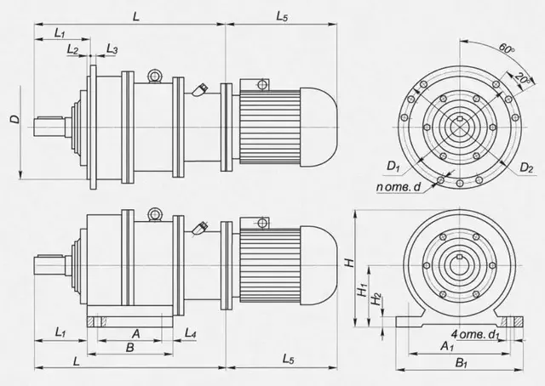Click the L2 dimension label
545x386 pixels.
(72, 49)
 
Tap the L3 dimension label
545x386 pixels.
(112, 49)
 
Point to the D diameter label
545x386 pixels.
(15, 119)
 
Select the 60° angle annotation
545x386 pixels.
(506, 48)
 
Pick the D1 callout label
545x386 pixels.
(393, 167)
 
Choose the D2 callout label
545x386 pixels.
(526, 167)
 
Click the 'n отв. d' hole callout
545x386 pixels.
(399, 187)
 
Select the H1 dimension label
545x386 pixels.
(363, 290)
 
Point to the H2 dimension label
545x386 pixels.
(376, 299)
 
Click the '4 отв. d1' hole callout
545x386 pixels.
(475, 335)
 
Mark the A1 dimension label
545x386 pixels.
(447, 346)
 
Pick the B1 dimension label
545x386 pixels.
(462, 363)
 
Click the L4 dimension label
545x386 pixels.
(190, 333)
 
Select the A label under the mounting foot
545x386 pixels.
(136, 334)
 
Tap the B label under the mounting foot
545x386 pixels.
(129, 348)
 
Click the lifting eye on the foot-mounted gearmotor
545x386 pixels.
(154, 215)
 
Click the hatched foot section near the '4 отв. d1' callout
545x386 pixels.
(512, 321)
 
